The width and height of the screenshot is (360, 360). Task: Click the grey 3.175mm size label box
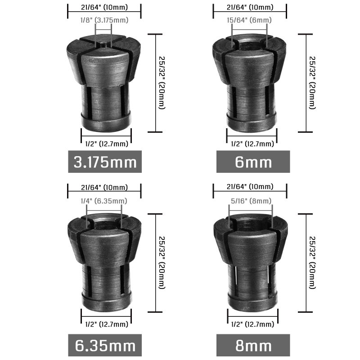(x=104, y=162)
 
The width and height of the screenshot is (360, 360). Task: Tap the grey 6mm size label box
(x=253, y=162)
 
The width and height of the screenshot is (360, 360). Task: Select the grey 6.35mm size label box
(x=104, y=345)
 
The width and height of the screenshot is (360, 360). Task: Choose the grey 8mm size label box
(x=253, y=345)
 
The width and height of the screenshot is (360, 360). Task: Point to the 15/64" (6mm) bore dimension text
(x=250, y=20)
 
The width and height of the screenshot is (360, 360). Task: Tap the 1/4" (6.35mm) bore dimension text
(x=103, y=201)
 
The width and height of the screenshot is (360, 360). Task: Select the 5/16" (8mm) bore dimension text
(x=250, y=201)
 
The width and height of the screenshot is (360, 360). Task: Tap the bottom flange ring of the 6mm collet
(x=251, y=121)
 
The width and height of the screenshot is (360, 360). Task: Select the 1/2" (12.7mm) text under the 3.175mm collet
(x=106, y=144)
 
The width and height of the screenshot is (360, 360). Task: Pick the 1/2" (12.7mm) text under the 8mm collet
(x=252, y=324)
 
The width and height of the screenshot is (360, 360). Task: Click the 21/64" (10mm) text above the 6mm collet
(x=250, y=8)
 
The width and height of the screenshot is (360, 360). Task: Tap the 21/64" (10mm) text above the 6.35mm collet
(x=104, y=188)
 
